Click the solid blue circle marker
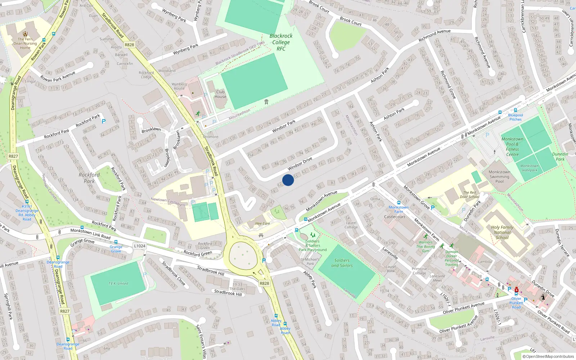288,180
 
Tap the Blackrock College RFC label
281,42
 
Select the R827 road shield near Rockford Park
13,156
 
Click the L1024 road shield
139,246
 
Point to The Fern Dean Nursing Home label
25,43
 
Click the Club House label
220,94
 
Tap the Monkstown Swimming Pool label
499,176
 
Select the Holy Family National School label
502,232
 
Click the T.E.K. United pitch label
118,283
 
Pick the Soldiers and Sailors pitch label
342,263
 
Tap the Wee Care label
262,224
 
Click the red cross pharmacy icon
517,290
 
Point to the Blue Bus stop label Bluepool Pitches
516,117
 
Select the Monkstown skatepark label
529,168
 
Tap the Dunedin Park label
560,157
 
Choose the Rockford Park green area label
89,178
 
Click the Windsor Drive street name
300,164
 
